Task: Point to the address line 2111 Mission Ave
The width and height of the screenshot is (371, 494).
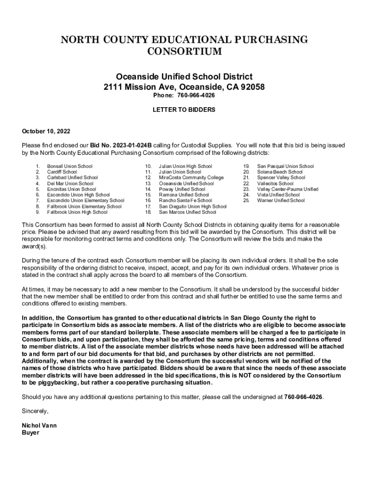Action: (184, 87)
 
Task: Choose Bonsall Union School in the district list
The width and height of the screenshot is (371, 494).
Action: (69, 166)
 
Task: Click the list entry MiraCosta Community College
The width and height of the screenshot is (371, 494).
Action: (191, 178)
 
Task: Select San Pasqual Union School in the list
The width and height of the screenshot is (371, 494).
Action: (285, 166)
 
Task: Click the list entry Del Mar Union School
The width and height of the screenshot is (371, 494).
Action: (70, 184)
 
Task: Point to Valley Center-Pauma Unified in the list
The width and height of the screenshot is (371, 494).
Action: (288, 190)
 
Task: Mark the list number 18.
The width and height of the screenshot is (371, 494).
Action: (148, 212)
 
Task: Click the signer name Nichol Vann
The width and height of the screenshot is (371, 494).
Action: (39, 426)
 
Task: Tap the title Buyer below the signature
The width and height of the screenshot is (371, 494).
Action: (30, 433)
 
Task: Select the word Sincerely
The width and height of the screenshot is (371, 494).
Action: (35, 412)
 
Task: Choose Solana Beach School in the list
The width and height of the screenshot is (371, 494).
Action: (280, 172)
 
